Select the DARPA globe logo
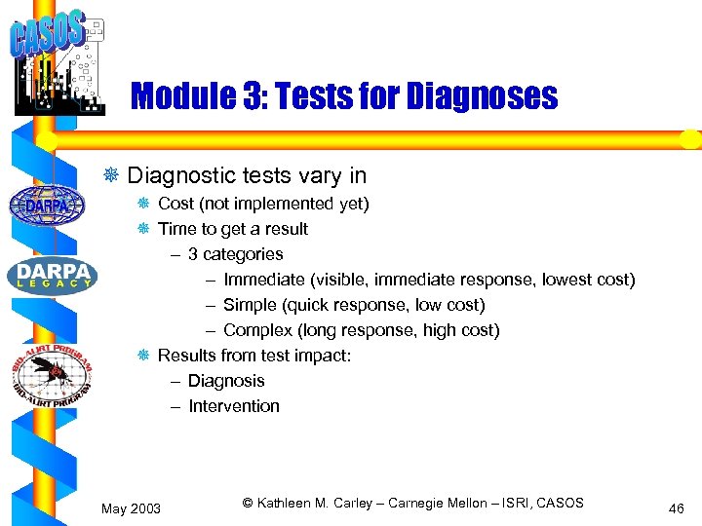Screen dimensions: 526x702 (x=47, y=205)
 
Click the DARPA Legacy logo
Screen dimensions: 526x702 (x=52, y=275)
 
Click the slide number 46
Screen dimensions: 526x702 (x=677, y=507)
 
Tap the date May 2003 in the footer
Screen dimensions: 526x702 (x=132, y=507)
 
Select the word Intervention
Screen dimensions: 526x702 (x=233, y=406)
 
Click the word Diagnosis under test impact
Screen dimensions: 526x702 (x=226, y=381)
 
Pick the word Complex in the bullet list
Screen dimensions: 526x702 (x=256, y=330)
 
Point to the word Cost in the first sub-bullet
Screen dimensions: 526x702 (x=175, y=204)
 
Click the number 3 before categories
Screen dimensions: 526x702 (x=193, y=254)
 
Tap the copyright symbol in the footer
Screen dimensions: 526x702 (x=248, y=503)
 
